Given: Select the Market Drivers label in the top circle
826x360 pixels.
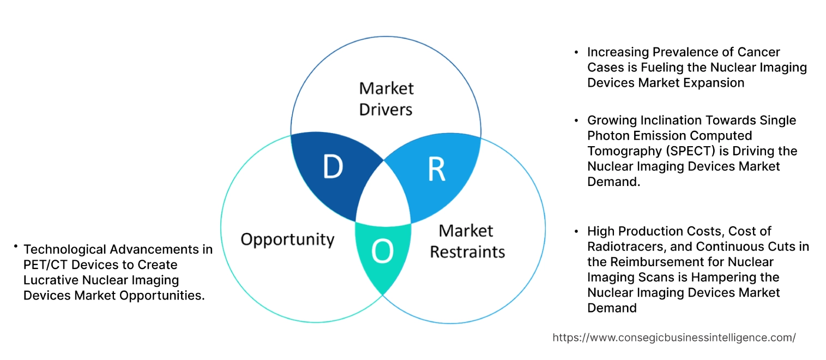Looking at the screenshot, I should (386, 99).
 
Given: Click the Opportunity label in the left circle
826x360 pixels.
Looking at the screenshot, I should (287, 239).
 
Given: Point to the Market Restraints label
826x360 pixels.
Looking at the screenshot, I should (467, 241).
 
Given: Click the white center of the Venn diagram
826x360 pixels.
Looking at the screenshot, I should (383, 196).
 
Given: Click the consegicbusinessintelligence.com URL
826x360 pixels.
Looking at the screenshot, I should (674, 338).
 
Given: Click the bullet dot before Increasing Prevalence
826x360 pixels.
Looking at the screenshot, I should (576, 52).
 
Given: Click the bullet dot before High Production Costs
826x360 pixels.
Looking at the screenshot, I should (576, 231).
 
